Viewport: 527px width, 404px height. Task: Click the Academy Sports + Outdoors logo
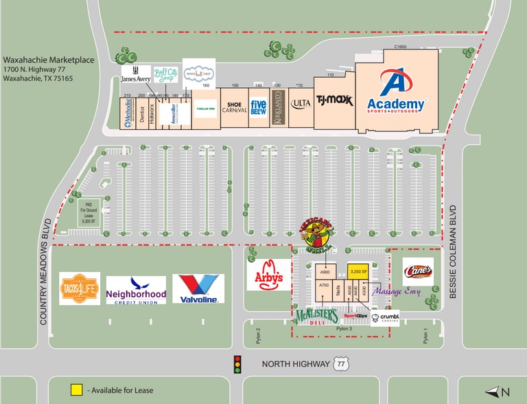pos(397,94)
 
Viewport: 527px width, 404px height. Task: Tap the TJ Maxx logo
pos(334,101)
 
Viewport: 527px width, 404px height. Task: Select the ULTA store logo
pos(301,104)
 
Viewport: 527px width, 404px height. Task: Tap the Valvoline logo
pos(198,289)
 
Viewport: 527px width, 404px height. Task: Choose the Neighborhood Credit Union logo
pos(136,290)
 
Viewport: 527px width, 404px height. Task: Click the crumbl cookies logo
pos(384,317)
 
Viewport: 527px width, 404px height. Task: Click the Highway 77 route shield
pos(340,365)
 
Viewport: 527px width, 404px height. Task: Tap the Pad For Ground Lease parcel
pos(88,212)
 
